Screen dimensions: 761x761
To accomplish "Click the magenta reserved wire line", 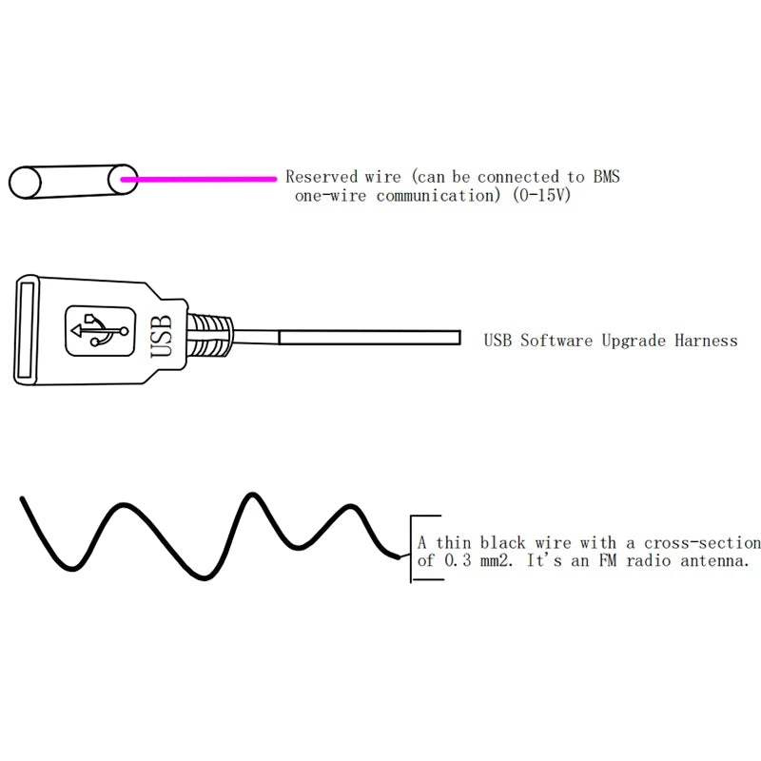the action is [x=199, y=179].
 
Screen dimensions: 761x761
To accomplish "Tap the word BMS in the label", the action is [x=606, y=177].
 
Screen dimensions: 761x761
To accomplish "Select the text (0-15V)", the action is [x=541, y=196].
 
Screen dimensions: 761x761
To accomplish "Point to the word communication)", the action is [x=439, y=196].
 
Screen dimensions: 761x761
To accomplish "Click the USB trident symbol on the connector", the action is [x=100, y=331].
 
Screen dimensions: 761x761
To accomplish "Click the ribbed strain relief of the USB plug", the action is [x=209, y=335].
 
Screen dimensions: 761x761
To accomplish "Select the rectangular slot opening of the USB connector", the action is [x=26, y=330].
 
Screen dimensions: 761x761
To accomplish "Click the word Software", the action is [x=556, y=341].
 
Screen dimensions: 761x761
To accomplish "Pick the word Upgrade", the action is [x=634, y=341].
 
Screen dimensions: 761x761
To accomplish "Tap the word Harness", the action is [x=706, y=341].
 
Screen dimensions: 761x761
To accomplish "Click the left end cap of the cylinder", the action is [x=25, y=183].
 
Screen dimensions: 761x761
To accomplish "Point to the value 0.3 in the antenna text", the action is [x=458, y=560].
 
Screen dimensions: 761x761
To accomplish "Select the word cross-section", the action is [x=702, y=542].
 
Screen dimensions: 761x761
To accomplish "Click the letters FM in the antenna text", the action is [x=607, y=560].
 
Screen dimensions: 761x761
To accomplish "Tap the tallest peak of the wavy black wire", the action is [x=252, y=495].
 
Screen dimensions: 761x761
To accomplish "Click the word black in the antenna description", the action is [x=502, y=542].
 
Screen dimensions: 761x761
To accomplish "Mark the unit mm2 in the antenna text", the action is [x=495, y=561].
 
